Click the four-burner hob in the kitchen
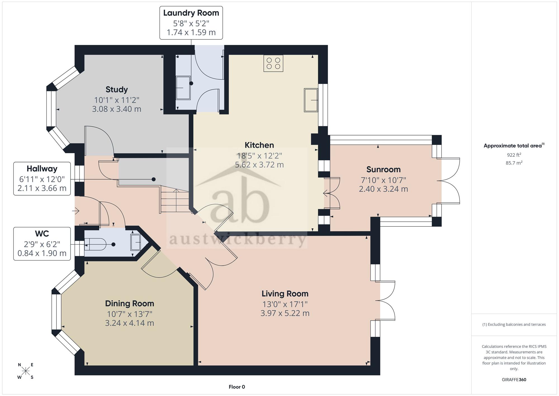[x=273, y=63]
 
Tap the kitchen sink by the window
[x=311, y=100]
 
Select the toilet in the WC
[x=95, y=244]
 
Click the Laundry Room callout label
[x=191, y=23]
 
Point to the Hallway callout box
[x=42, y=179]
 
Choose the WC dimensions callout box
[x=42, y=244]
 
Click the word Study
[x=117, y=90]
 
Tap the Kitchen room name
[x=259, y=145]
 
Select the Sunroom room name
[x=383, y=169]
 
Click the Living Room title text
[x=285, y=294]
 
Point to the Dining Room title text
[x=130, y=303]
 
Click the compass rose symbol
[x=26, y=371]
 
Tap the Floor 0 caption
[x=237, y=387]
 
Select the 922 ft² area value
[x=514, y=155]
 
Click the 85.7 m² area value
[x=514, y=163]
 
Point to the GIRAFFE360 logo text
[x=514, y=380]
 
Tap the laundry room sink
[x=183, y=88]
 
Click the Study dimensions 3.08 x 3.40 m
[x=117, y=109]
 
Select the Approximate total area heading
[x=514, y=145]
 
